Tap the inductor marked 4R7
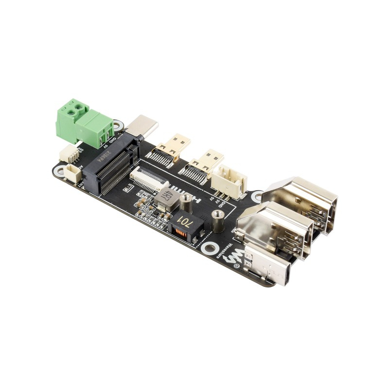(x=164, y=196)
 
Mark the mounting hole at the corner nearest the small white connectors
(x=59, y=171)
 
